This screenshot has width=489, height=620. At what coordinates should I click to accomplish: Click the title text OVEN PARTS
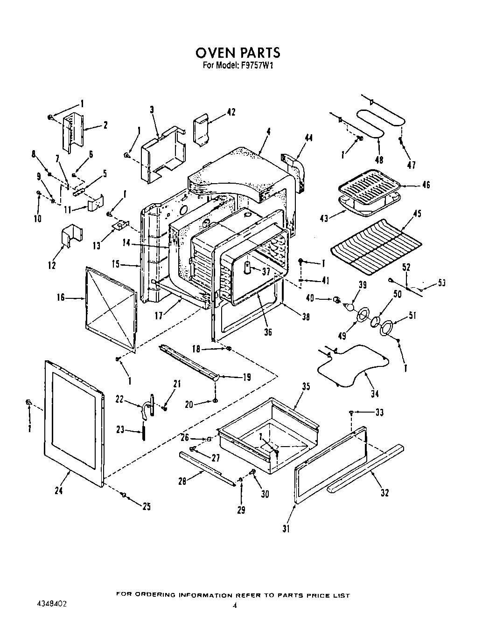(238, 52)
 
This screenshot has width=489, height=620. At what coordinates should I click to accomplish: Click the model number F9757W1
(257, 66)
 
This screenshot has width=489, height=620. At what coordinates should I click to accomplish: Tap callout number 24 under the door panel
(58, 490)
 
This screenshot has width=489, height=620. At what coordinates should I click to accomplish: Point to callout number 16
(61, 296)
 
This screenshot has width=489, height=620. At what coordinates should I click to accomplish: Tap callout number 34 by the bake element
(375, 394)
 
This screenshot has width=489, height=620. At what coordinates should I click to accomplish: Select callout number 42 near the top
(231, 112)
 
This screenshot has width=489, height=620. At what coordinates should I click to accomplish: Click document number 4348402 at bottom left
(51, 603)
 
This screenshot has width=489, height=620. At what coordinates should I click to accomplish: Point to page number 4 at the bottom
(235, 606)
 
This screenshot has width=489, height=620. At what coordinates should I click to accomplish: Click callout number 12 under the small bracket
(52, 265)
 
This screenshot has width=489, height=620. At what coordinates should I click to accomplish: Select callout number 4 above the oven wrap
(269, 132)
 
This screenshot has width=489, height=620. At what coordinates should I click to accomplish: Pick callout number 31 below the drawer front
(286, 528)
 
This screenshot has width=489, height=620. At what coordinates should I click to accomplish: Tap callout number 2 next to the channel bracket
(105, 124)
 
